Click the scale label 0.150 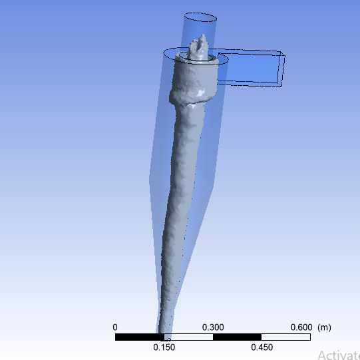point(164,347)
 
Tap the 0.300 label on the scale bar point(213,327)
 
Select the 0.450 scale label point(262,347)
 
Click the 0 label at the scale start point(115,327)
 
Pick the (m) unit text point(324,327)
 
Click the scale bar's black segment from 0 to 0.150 point(140,337)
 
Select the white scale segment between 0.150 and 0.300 point(188,337)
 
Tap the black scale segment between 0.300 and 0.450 point(237,337)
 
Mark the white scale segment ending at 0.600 point(286,337)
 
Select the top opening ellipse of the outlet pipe point(200,18)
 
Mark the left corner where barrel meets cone point(150,178)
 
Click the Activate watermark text point(338,355)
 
